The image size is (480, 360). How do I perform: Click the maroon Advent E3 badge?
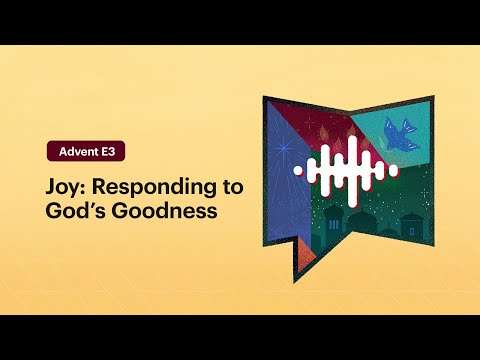pyautogui.click(x=86, y=152)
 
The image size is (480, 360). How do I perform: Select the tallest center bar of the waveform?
pyautogui.click(x=345, y=171)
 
